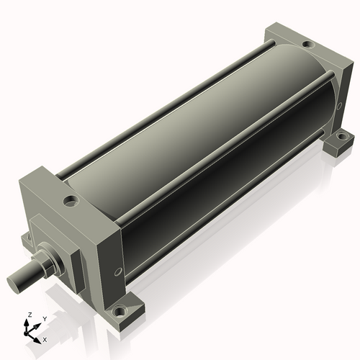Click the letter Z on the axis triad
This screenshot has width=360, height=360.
(30, 315)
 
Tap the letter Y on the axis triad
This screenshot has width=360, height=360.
(45, 319)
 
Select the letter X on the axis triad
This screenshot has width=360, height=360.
(45, 340)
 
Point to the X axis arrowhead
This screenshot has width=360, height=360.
(37, 341)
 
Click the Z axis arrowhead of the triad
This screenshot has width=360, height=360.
(27, 323)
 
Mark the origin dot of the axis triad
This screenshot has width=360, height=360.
(26, 334)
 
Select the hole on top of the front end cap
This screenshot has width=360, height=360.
(71, 201)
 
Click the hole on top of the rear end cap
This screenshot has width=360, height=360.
(308, 44)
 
